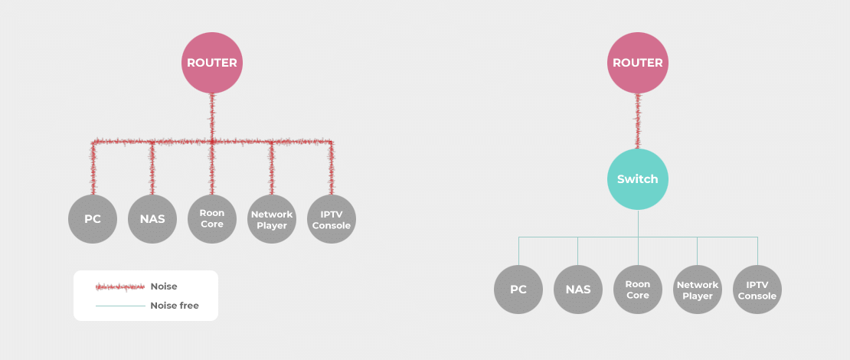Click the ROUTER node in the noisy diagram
click(x=212, y=63)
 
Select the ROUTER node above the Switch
click(x=638, y=63)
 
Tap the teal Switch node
click(x=638, y=179)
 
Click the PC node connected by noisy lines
click(x=93, y=219)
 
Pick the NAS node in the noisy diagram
click(x=152, y=219)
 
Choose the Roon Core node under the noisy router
click(x=212, y=219)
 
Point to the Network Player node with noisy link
click(x=272, y=219)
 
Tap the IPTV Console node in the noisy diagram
click(x=332, y=219)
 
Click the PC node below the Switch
click(x=518, y=290)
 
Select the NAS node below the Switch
click(x=578, y=290)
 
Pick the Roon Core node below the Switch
click(x=638, y=290)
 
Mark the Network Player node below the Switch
click(x=698, y=290)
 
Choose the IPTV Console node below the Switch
click(x=757, y=290)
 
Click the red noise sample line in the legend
click(x=120, y=286)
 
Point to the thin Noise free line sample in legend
click(x=120, y=306)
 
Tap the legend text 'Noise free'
click(x=175, y=306)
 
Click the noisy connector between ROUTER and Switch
click(x=638, y=121)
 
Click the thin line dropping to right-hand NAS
click(x=578, y=251)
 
